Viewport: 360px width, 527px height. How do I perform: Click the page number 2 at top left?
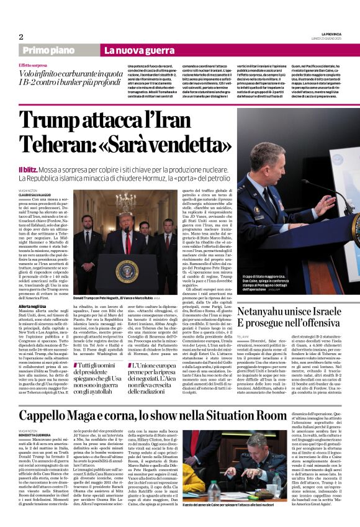coord(21,37)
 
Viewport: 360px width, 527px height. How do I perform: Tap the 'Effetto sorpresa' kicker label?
coord(33,65)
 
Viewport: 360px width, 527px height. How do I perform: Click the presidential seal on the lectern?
coord(127,271)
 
